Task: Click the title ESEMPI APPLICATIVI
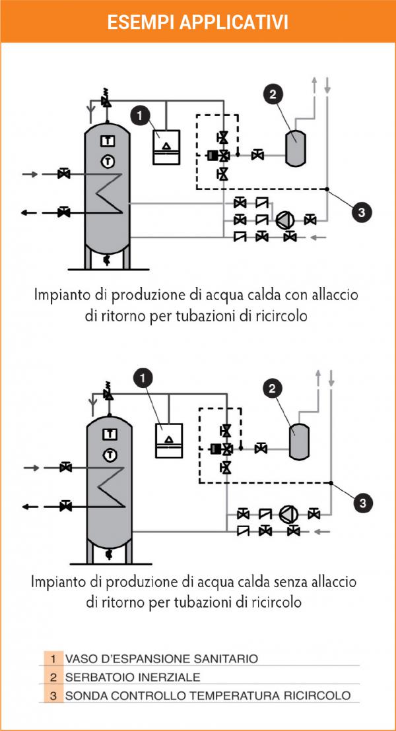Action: (x=198, y=22)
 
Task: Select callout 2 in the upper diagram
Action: (x=273, y=94)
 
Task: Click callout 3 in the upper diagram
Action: (x=361, y=213)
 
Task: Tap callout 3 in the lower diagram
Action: (x=364, y=503)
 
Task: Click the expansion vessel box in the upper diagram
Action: (x=166, y=146)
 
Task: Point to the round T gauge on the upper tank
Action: (x=108, y=161)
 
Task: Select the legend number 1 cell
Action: (x=53, y=658)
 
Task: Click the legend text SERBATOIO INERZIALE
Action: (x=133, y=677)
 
